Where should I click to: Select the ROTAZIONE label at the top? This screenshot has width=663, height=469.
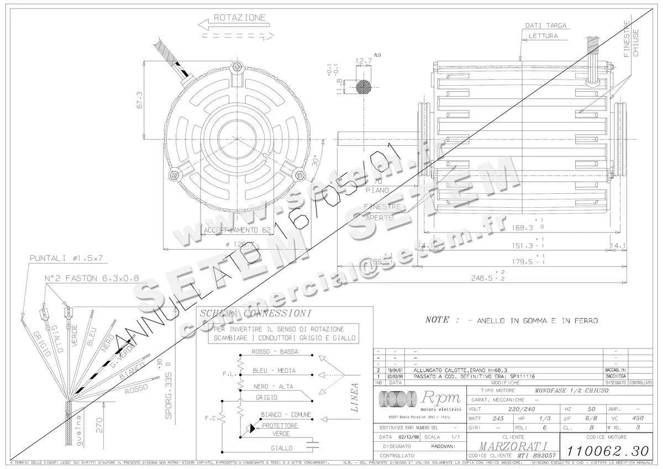239,18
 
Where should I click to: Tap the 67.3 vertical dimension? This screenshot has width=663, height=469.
139,100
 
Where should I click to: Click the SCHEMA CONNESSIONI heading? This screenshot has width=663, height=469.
248,314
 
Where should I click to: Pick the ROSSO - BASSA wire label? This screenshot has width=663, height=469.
275,352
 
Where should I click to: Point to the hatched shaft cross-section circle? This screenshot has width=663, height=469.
364,86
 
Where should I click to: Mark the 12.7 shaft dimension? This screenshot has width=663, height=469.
363,61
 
